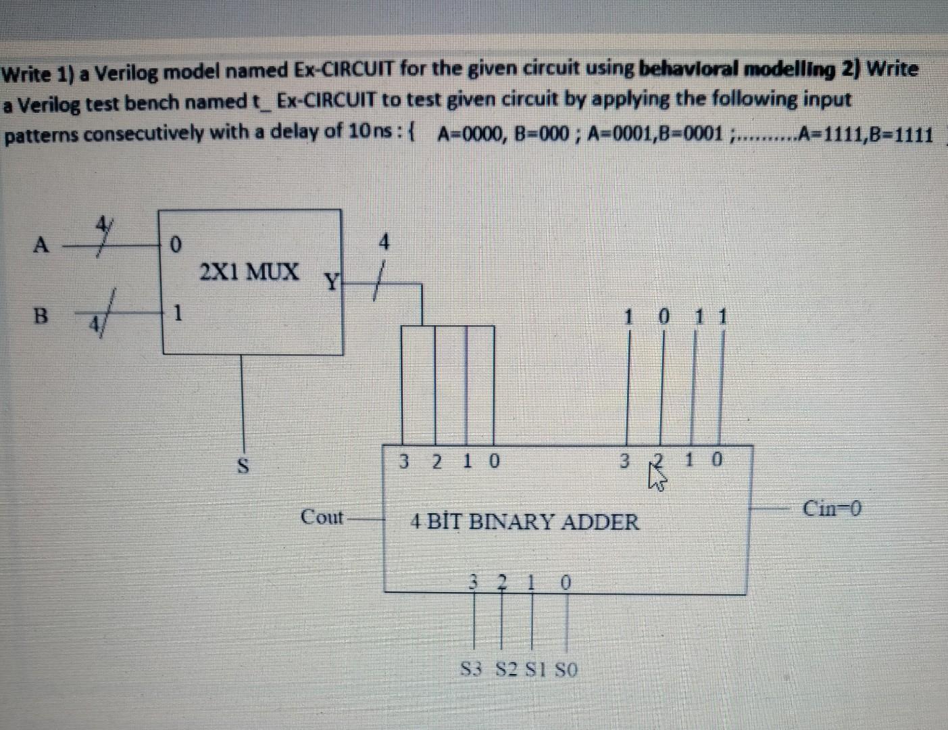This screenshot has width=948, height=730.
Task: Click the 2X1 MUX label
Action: (249, 272)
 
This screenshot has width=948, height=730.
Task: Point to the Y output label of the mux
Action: (332, 279)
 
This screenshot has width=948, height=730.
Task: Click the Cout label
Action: (322, 518)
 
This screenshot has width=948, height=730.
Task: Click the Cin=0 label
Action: (832, 508)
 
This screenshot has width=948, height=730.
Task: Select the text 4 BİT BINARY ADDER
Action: (524, 521)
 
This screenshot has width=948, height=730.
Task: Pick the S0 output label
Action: (566, 670)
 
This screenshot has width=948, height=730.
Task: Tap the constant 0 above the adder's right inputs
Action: (664, 316)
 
